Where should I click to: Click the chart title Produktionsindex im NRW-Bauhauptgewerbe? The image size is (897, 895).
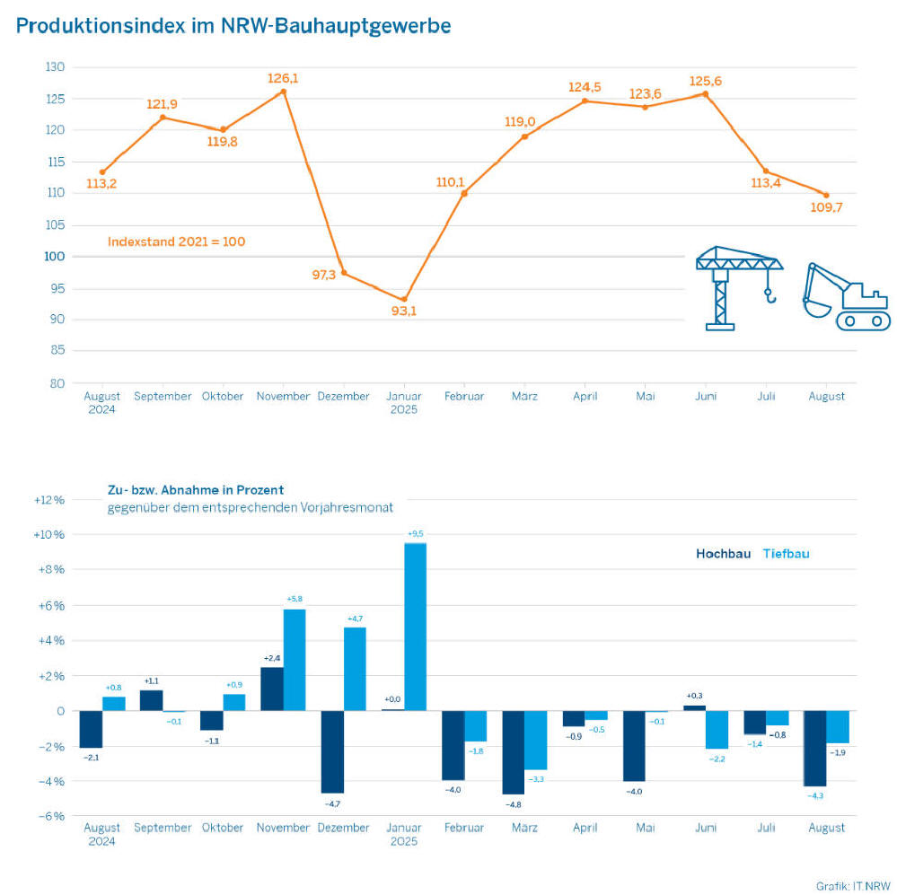[x=233, y=25]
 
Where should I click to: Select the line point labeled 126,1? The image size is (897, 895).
[x=284, y=92]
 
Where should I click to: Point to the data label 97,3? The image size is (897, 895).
[x=323, y=275]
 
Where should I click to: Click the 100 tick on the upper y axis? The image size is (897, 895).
[x=55, y=257]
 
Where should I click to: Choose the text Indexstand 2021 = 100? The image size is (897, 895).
[x=176, y=241]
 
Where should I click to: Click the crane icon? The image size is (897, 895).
[x=738, y=286]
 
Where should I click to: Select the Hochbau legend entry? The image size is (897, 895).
[x=723, y=554]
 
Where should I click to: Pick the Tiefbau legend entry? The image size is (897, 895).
[x=786, y=554]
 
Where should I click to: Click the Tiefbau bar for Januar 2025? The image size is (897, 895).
[x=415, y=627]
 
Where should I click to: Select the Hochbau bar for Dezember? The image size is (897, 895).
[x=332, y=751]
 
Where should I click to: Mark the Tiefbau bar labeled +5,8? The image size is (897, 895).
[x=295, y=660]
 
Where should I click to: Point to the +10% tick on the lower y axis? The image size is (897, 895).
[x=51, y=535]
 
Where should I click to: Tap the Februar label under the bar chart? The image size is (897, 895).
[x=464, y=828]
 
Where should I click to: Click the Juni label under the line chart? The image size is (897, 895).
[x=706, y=396]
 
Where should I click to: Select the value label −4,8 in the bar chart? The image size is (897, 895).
[x=513, y=805]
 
